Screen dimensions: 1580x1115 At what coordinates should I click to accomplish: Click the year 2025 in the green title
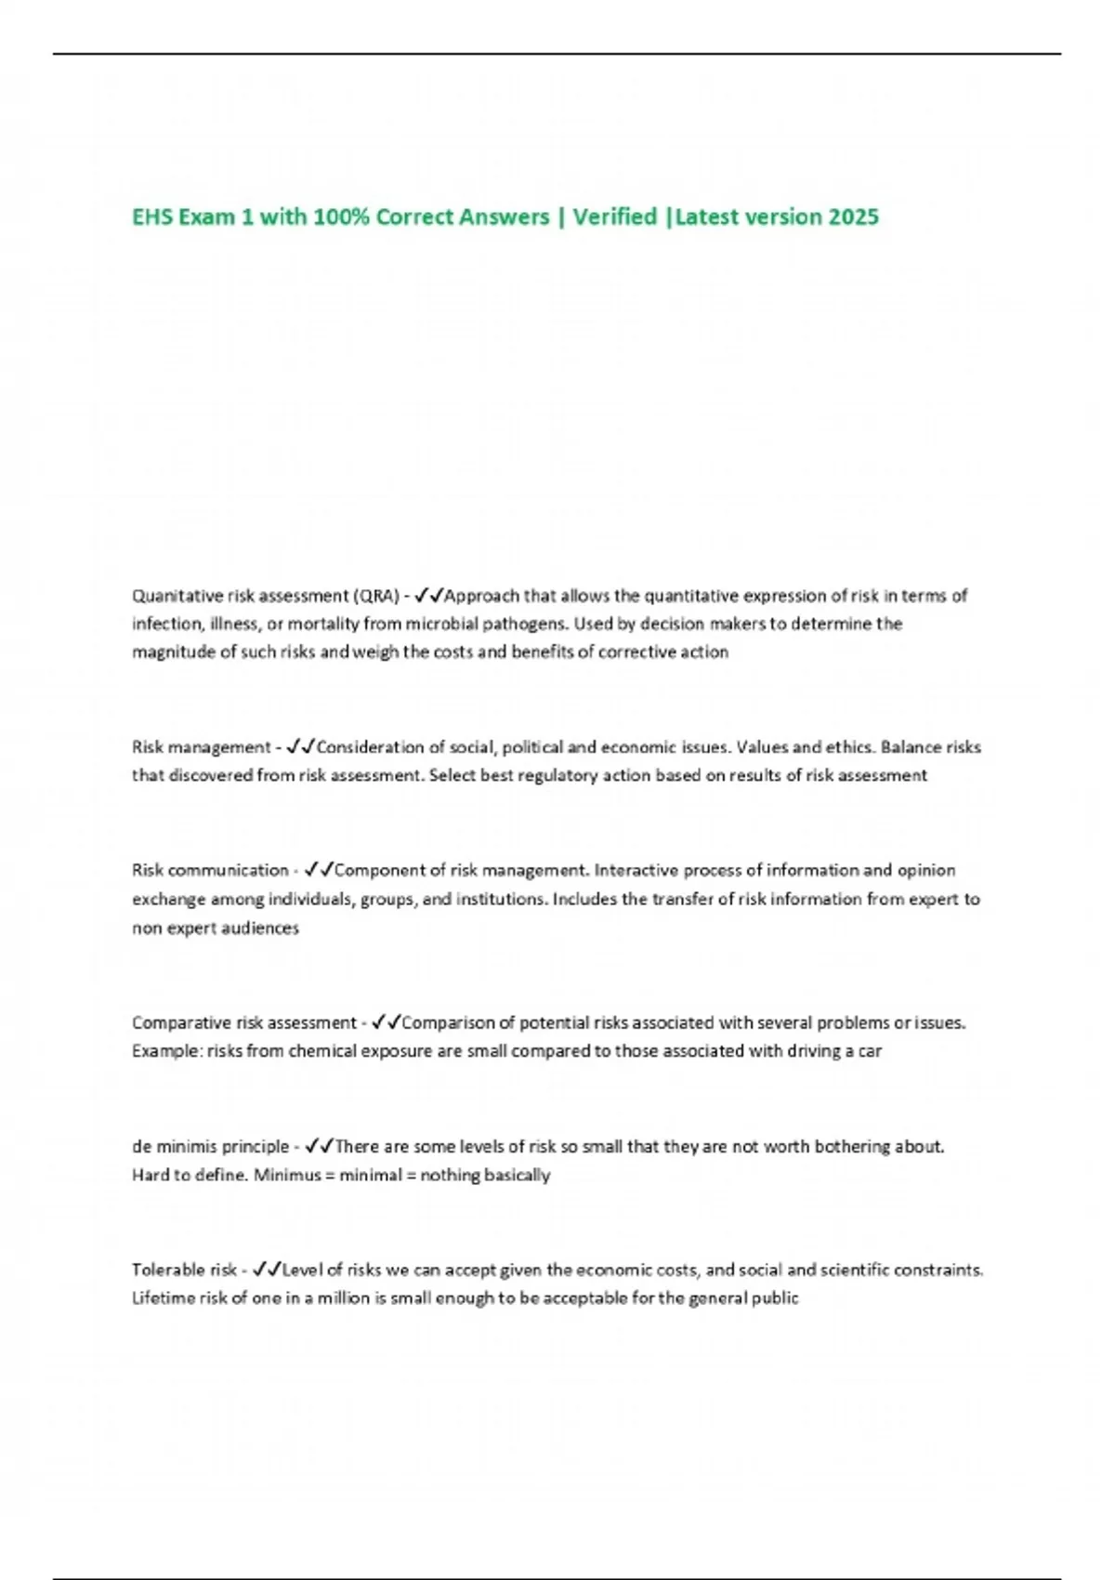tap(853, 217)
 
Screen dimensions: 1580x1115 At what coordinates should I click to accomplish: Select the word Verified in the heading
tap(614, 217)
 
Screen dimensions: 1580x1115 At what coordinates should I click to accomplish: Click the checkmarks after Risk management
tap(301, 747)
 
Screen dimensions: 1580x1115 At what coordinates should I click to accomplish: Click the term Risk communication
tap(210, 871)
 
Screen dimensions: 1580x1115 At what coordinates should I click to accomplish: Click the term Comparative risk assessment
tap(243, 1023)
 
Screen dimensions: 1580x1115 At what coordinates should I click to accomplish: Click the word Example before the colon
tap(164, 1051)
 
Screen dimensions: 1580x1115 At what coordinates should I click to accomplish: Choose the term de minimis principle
tap(210, 1147)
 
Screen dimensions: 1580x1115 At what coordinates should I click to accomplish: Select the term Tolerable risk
tap(184, 1270)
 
